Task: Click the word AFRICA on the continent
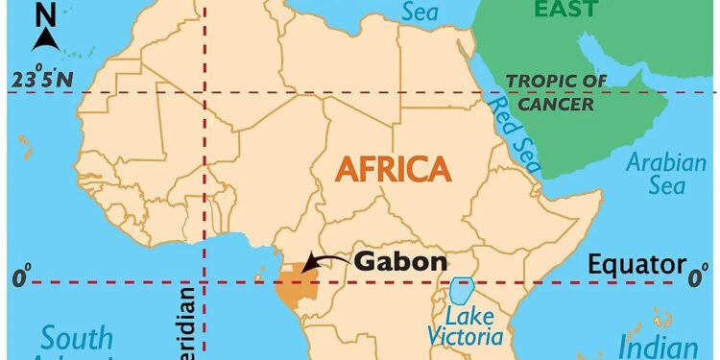tap(392, 169)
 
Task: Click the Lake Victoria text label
tap(468, 326)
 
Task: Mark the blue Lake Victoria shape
tap(463, 291)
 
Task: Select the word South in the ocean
tap(77, 339)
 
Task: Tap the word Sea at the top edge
tap(420, 12)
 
